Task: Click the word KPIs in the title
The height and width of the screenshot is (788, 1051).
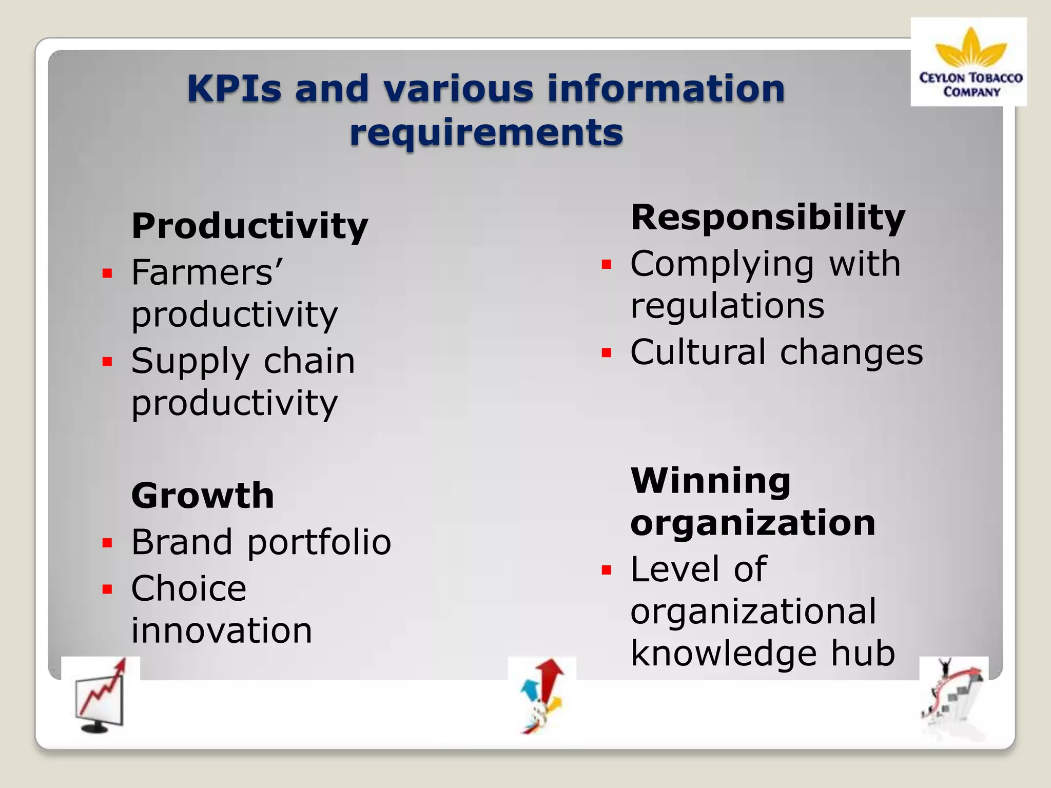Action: click(234, 88)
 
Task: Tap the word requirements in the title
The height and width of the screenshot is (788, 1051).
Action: click(486, 132)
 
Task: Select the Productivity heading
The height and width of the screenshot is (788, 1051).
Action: click(249, 226)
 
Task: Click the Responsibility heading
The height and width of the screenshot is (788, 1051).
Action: click(768, 218)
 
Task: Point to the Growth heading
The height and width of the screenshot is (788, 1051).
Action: click(203, 496)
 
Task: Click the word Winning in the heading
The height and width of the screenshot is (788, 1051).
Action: click(710, 481)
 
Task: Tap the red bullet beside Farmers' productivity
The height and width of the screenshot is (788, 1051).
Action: click(107, 273)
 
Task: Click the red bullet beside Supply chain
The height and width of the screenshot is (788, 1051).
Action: click(107, 362)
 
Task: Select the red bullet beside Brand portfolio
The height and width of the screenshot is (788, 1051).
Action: click(107, 543)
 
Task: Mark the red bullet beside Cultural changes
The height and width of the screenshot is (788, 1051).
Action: click(607, 353)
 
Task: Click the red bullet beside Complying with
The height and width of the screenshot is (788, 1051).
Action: click(607, 264)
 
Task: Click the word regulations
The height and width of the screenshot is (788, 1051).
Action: click(727, 306)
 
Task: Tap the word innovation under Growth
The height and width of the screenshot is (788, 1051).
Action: click(222, 631)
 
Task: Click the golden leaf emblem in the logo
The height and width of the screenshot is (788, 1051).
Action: click(970, 49)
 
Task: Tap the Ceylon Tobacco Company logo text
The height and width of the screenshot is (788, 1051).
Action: click(970, 85)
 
